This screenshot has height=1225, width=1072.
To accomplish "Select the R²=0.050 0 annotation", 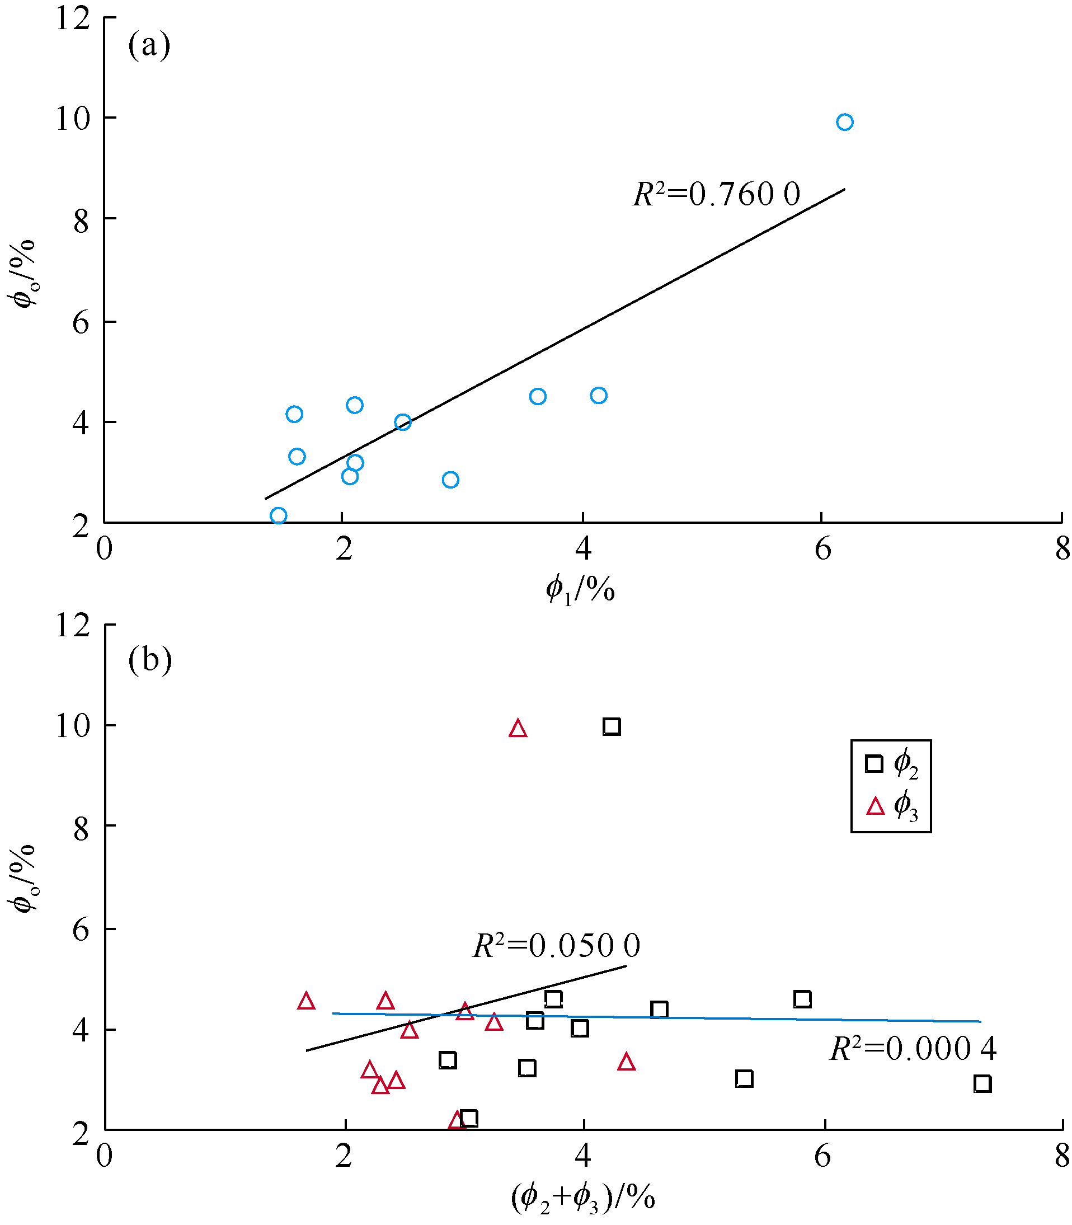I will tap(556, 946).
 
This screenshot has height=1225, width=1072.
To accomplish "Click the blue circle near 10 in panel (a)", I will tap(844, 122).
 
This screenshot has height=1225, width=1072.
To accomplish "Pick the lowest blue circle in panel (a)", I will tap(278, 515).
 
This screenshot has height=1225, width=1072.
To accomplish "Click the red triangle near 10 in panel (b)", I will tap(518, 729).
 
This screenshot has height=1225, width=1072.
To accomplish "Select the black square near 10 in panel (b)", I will tap(612, 726).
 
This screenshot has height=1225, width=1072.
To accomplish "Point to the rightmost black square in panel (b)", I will tap(982, 1083).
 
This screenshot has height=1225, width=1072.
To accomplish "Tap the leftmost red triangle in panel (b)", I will tap(306, 1001).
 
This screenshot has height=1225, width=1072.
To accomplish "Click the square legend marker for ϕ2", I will tap(874, 764).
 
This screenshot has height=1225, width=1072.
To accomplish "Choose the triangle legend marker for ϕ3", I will tap(875, 807).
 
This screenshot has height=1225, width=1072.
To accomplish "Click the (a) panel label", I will tap(149, 45).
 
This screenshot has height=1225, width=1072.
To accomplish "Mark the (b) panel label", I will tap(149, 659).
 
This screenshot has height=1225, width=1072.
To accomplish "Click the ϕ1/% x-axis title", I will tap(580, 589).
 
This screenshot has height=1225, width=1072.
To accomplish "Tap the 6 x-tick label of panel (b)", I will tap(822, 1156).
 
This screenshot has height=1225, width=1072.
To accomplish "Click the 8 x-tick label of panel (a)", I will tap(1062, 548).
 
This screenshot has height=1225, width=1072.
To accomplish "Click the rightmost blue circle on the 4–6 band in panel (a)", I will tap(598, 396).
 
